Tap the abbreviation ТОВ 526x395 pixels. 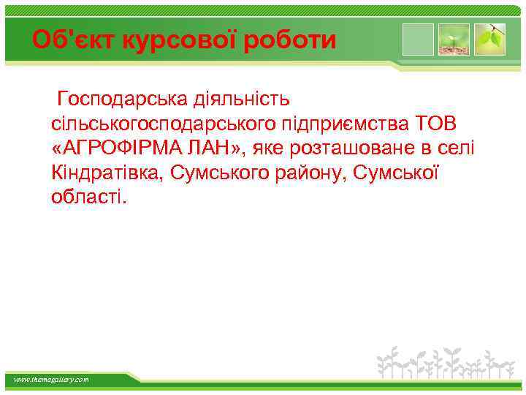[x=435, y=124]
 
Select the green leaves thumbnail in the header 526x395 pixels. [x=489, y=39]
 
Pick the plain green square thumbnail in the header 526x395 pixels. [x=418, y=39]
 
